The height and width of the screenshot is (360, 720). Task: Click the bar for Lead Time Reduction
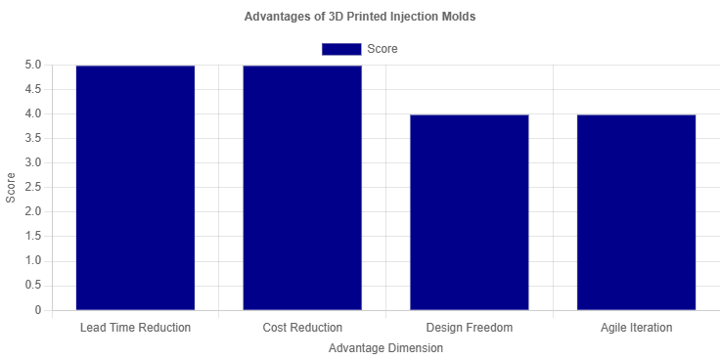pos(135,188)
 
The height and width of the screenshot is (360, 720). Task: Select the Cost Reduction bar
pos(302,188)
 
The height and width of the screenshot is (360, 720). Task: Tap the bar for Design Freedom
pos(470,212)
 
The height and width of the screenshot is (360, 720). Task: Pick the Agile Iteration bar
pos(636,212)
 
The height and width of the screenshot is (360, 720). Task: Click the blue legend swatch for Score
pos(340,49)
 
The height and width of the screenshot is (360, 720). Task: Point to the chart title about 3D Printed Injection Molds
pos(360,17)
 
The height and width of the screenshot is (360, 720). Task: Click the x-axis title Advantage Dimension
pos(385,348)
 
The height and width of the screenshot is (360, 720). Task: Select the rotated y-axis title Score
pos(10,188)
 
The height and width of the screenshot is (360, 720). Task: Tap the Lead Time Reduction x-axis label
pos(135,328)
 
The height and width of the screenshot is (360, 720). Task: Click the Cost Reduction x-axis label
pos(302,328)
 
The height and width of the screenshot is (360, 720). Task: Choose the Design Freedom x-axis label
pos(470,328)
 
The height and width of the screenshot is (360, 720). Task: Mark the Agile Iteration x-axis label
pos(636,328)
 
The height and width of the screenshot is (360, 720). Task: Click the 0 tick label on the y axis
pos(38,311)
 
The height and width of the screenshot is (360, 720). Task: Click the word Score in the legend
pos(382,49)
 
